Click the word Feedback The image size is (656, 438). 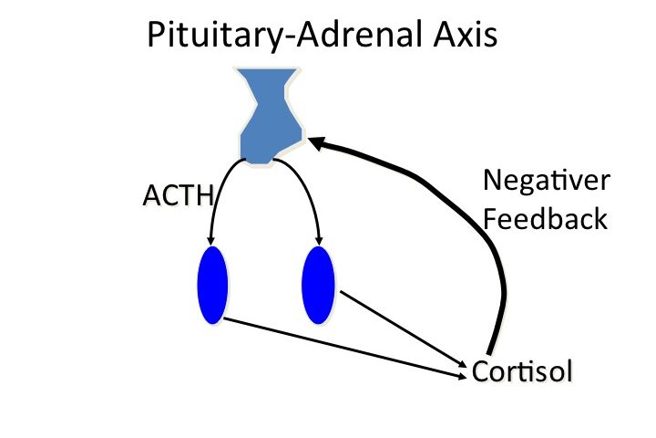tap(545, 220)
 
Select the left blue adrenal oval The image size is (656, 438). tap(211, 285)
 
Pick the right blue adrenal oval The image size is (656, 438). tap(319, 285)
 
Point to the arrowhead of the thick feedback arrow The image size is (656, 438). tap(314, 141)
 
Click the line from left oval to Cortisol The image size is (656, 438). tap(346, 347)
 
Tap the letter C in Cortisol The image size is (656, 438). tap(480, 372)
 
